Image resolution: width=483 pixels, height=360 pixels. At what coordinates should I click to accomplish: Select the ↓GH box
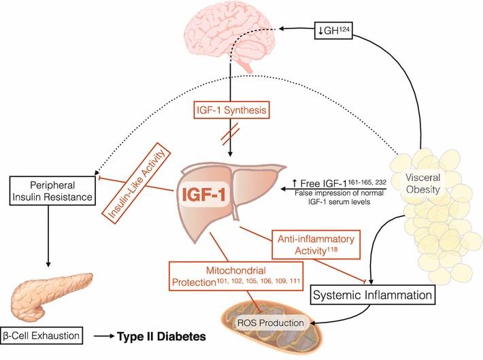coord(332,29)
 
